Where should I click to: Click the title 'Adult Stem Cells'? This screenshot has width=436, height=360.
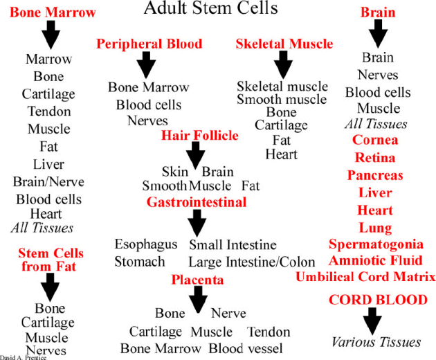click(211, 9)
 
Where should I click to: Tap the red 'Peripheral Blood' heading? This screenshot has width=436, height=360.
click(149, 44)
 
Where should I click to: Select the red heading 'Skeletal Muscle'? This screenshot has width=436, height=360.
click(284, 44)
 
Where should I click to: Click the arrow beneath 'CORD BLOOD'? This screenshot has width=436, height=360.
click(373, 320)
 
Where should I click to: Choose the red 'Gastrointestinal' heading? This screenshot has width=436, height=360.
click(197, 202)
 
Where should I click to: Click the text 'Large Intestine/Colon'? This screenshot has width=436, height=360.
click(252, 262)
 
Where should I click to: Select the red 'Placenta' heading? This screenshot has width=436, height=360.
click(198, 280)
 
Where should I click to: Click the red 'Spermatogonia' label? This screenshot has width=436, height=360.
click(376, 244)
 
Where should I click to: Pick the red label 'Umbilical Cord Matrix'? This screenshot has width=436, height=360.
click(365, 277)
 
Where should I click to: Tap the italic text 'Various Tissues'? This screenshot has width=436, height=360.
click(376, 342)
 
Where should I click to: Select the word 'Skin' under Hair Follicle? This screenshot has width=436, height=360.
click(175, 172)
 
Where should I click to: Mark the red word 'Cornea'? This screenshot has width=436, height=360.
click(375, 141)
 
